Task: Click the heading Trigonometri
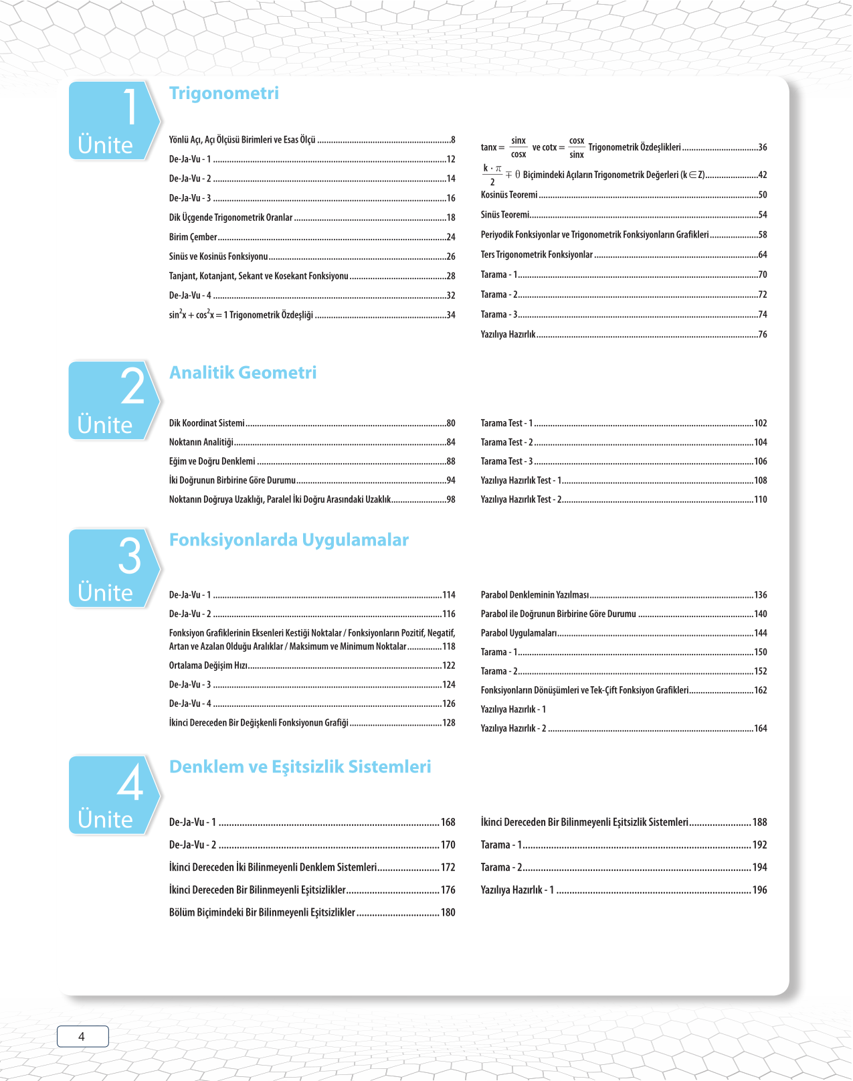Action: pos(223,93)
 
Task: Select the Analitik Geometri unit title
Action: pos(243,373)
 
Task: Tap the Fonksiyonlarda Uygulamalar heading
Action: pos(288,540)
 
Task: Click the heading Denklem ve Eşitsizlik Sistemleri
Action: pos(300,767)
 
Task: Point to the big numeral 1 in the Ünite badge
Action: pos(130,107)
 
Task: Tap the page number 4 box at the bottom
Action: pos(82,1036)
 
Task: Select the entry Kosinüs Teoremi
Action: pos(509,195)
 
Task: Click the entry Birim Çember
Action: pos(193,237)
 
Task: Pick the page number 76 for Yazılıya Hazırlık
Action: pos(762,335)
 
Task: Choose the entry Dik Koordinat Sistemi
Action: pos(207,423)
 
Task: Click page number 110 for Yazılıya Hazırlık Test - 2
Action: pos(760,499)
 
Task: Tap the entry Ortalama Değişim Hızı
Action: pos(208,665)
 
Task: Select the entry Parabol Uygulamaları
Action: pos(518,633)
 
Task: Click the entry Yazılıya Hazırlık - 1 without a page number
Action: pos(513,710)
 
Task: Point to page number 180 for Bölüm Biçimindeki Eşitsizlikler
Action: pos(448,912)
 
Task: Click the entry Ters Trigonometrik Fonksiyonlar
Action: pos(537,255)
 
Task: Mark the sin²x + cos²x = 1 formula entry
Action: pos(241,315)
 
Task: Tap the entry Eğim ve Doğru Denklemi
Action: pos(212,461)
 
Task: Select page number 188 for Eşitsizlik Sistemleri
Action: pos(759,822)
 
